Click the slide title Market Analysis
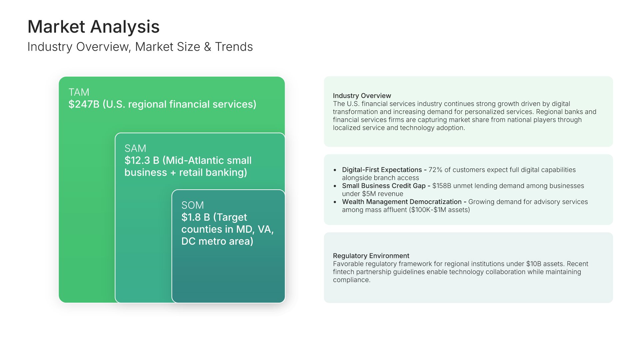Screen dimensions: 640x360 pos(93,27)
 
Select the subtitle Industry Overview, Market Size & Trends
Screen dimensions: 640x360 pos(140,47)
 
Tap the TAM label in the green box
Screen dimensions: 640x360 pos(79,92)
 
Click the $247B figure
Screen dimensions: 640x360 pos(84,104)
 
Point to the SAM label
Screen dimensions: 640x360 pos(135,148)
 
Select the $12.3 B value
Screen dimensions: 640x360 pos(142,160)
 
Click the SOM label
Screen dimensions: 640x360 pos(193,205)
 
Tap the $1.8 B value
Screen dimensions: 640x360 pos(196,217)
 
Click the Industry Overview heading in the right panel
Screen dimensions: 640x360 pos(362,96)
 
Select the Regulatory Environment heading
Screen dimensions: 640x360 pos(371,256)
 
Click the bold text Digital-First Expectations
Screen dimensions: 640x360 pos(382,170)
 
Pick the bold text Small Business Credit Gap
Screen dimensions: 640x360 pos(384,186)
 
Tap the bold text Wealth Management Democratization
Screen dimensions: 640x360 pos(402,202)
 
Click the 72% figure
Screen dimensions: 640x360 pos(435,170)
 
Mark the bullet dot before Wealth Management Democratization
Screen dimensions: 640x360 pos(335,202)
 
